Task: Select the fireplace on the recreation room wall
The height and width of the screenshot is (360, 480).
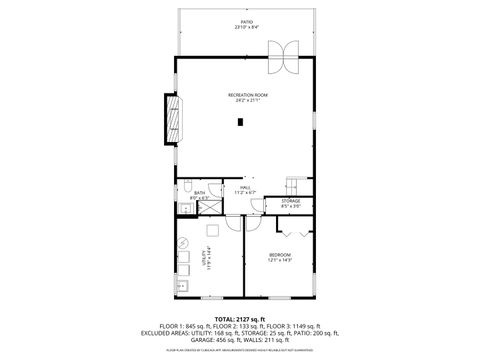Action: [x=173, y=119]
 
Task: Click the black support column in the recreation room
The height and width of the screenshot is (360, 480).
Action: [x=240, y=123]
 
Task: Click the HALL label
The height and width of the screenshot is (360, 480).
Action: [x=245, y=188]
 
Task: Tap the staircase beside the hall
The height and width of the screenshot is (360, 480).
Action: [x=292, y=186]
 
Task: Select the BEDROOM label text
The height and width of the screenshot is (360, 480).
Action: [x=279, y=257]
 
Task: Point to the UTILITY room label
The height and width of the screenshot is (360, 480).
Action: [x=207, y=259]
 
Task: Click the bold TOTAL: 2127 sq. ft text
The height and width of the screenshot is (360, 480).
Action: [x=240, y=317]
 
